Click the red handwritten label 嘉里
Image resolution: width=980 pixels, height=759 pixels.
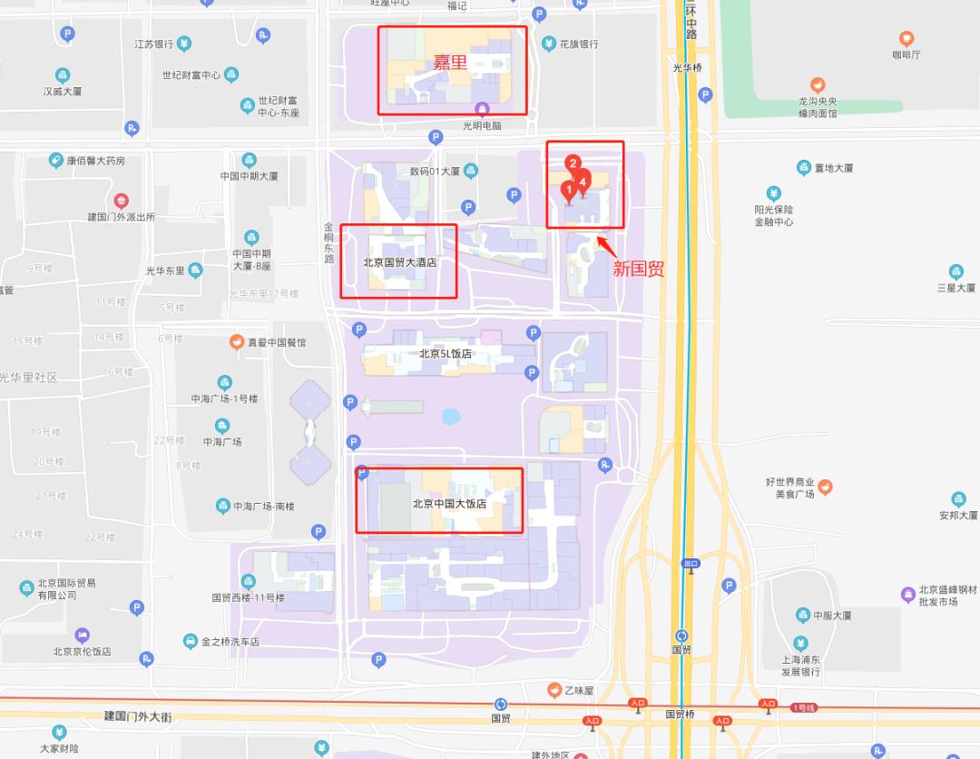point(449,64)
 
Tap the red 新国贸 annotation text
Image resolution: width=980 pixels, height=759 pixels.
point(638,269)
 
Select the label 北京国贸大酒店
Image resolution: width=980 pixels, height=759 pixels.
point(399,263)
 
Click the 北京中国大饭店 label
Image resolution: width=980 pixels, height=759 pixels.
point(450,504)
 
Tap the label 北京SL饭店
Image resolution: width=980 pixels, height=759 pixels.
point(445,354)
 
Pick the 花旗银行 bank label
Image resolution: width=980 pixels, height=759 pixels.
point(578,44)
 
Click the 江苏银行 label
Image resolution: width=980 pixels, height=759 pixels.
point(154,44)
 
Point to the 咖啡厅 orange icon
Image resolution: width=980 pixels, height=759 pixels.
point(906,39)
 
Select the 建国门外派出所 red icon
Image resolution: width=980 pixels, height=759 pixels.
point(121,201)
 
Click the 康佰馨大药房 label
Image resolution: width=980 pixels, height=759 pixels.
point(95,161)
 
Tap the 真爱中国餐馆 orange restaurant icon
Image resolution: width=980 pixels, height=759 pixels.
point(236,342)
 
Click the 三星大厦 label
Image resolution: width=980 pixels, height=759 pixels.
point(955,288)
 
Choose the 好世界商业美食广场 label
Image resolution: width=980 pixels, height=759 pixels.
point(789,488)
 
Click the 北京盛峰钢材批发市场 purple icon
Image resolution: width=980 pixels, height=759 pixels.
point(907,595)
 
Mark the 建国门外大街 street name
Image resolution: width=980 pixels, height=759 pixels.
point(138,716)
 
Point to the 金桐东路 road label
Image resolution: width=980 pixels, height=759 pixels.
point(329,242)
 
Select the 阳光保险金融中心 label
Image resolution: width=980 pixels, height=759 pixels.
point(773,215)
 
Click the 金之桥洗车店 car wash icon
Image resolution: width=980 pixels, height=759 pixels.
point(191,642)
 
